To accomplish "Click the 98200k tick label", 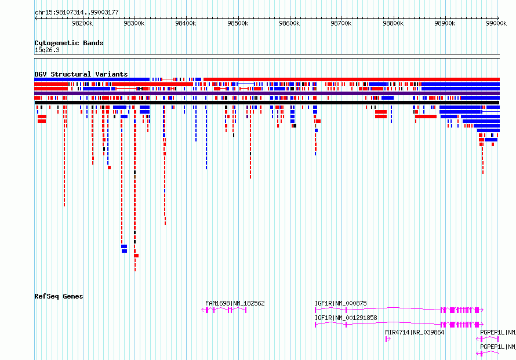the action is (82, 23).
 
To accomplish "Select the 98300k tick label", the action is (134, 23).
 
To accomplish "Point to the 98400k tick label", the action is (186, 23).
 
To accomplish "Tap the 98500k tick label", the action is (238, 23).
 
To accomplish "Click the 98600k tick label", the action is (289, 23).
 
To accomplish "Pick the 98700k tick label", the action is (341, 23).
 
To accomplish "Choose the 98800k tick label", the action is (393, 23).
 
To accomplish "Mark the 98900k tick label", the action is (445, 23).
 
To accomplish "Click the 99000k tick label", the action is (496, 23).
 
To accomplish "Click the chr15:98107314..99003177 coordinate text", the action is (77, 13).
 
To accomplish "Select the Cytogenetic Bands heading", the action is (69, 43).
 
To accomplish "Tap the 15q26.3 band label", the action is (47, 50).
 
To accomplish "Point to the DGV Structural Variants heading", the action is (81, 74).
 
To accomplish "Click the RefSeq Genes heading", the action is (59, 296).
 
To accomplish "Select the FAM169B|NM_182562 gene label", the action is (235, 303).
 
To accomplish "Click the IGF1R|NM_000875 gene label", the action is (340, 303).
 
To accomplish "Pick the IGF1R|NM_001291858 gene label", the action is (346, 318).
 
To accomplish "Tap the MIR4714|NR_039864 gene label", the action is (415, 332).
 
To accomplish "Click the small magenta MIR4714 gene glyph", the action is (388, 339).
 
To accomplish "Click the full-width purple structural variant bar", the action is (267, 93).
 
